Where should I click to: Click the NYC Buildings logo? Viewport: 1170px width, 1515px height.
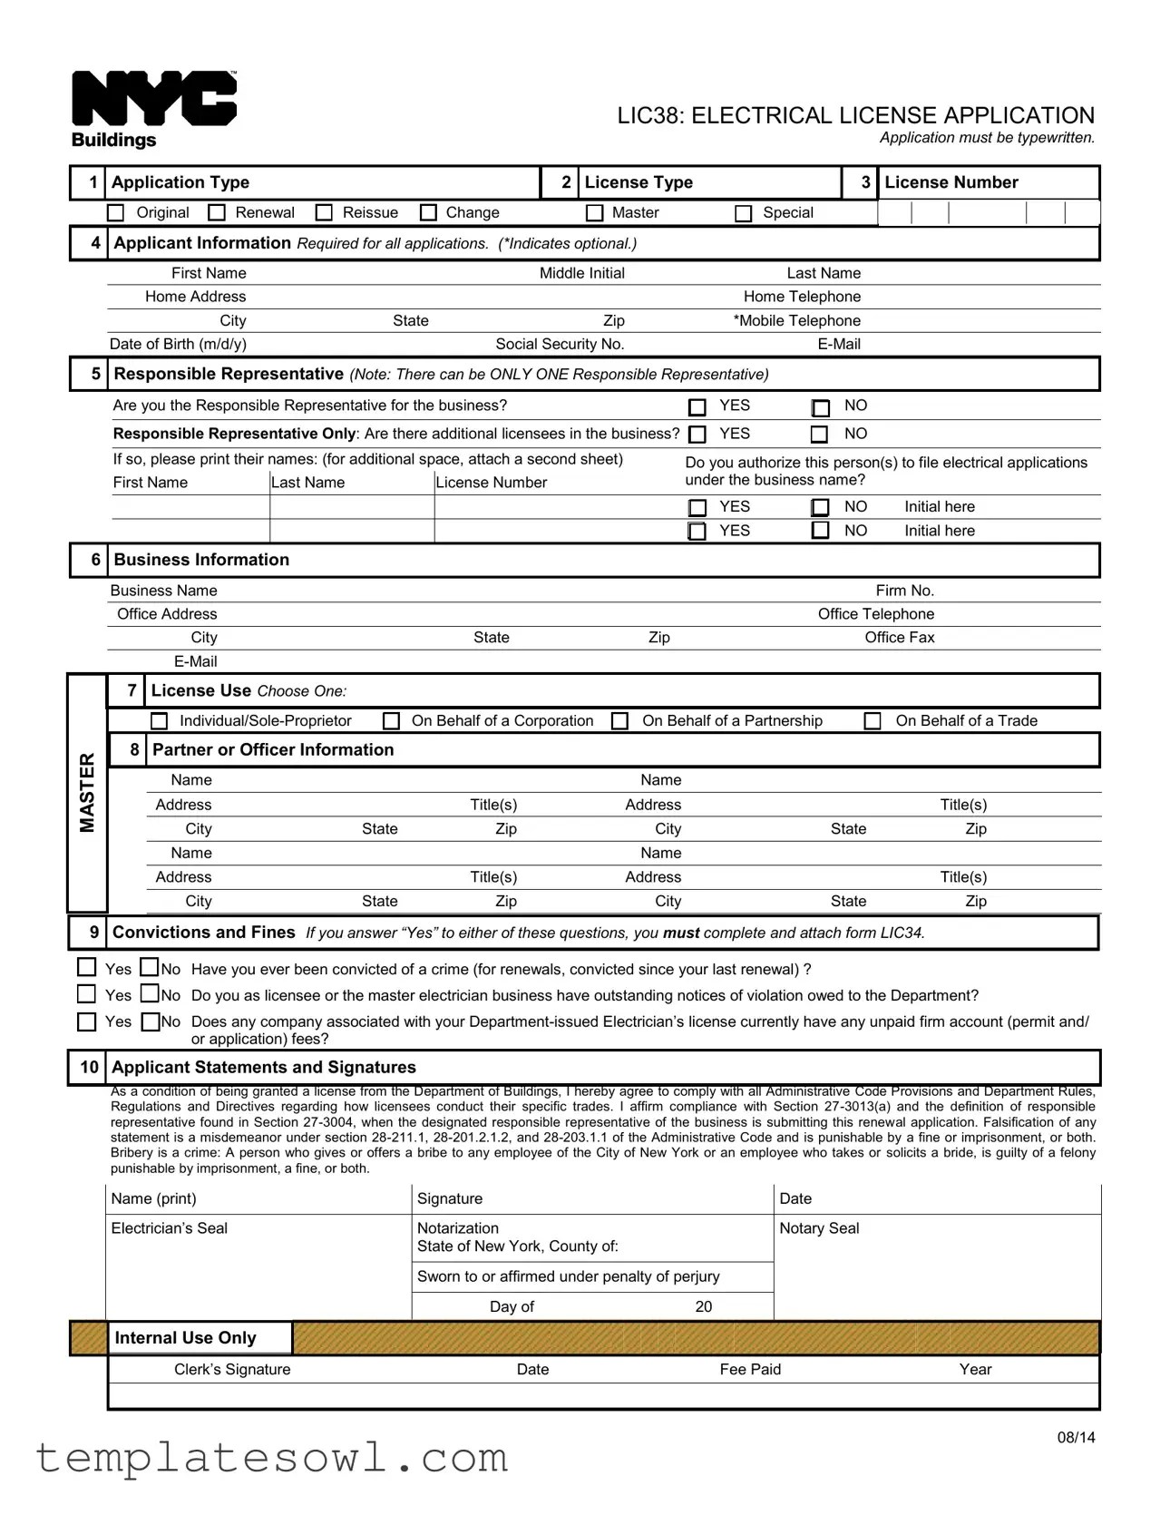point(153,109)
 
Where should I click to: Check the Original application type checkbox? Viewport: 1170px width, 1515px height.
point(116,213)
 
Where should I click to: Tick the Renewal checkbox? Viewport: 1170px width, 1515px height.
point(217,213)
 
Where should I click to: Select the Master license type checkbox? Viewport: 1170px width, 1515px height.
point(595,213)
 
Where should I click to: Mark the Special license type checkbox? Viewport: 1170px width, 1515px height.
point(744,213)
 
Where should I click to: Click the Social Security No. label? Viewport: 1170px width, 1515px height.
point(560,345)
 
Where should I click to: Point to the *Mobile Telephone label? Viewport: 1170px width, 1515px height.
point(796,321)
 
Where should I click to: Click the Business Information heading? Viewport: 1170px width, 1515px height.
point(201,561)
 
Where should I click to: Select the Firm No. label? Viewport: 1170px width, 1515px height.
point(904,591)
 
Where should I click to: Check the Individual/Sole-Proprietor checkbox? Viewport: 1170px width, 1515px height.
point(160,721)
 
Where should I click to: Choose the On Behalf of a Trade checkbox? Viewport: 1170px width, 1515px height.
point(873,721)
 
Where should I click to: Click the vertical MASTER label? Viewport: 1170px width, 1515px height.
point(87,792)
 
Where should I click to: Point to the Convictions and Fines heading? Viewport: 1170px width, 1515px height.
point(203,933)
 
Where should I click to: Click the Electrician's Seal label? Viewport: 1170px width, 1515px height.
point(169,1228)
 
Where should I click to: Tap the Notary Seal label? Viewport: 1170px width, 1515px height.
point(819,1228)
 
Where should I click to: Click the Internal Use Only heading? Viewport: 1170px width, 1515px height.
point(185,1338)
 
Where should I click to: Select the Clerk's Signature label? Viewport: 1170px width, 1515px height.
point(232,1370)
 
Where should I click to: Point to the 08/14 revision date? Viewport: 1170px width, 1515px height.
point(1076,1438)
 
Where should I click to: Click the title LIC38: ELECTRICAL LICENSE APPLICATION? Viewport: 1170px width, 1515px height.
point(855,116)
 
